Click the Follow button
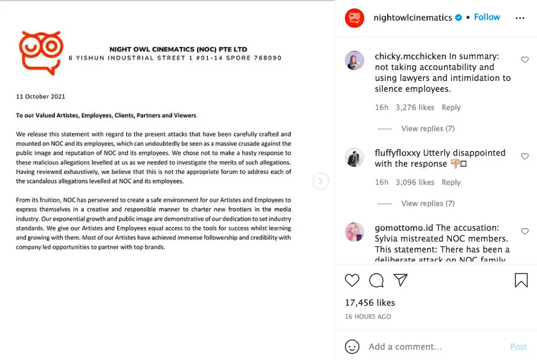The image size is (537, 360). (x=487, y=18)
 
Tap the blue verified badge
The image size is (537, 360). (x=459, y=18)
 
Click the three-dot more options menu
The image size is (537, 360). (x=519, y=18)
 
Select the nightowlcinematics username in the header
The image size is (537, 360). (x=413, y=18)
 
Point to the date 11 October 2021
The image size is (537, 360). (x=40, y=97)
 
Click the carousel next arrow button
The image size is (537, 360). (x=321, y=181)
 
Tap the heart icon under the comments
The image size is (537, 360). (x=352, y=280)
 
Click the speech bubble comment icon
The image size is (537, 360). (x=376, y=280)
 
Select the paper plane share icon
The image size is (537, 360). (x=400, y=280)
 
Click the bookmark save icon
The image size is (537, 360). (x=521, y=280)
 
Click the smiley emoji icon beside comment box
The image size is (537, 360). (x=352, y=347)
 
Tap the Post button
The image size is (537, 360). (x=518, y=347)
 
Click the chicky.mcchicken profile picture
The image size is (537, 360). (x=355, y=60)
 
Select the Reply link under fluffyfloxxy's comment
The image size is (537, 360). (x=451, y=182)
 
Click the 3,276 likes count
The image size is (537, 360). (x=414, y=108)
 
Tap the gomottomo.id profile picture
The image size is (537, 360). (x=355, y=233)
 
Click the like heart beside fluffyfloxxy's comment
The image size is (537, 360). (x=524, y=156)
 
